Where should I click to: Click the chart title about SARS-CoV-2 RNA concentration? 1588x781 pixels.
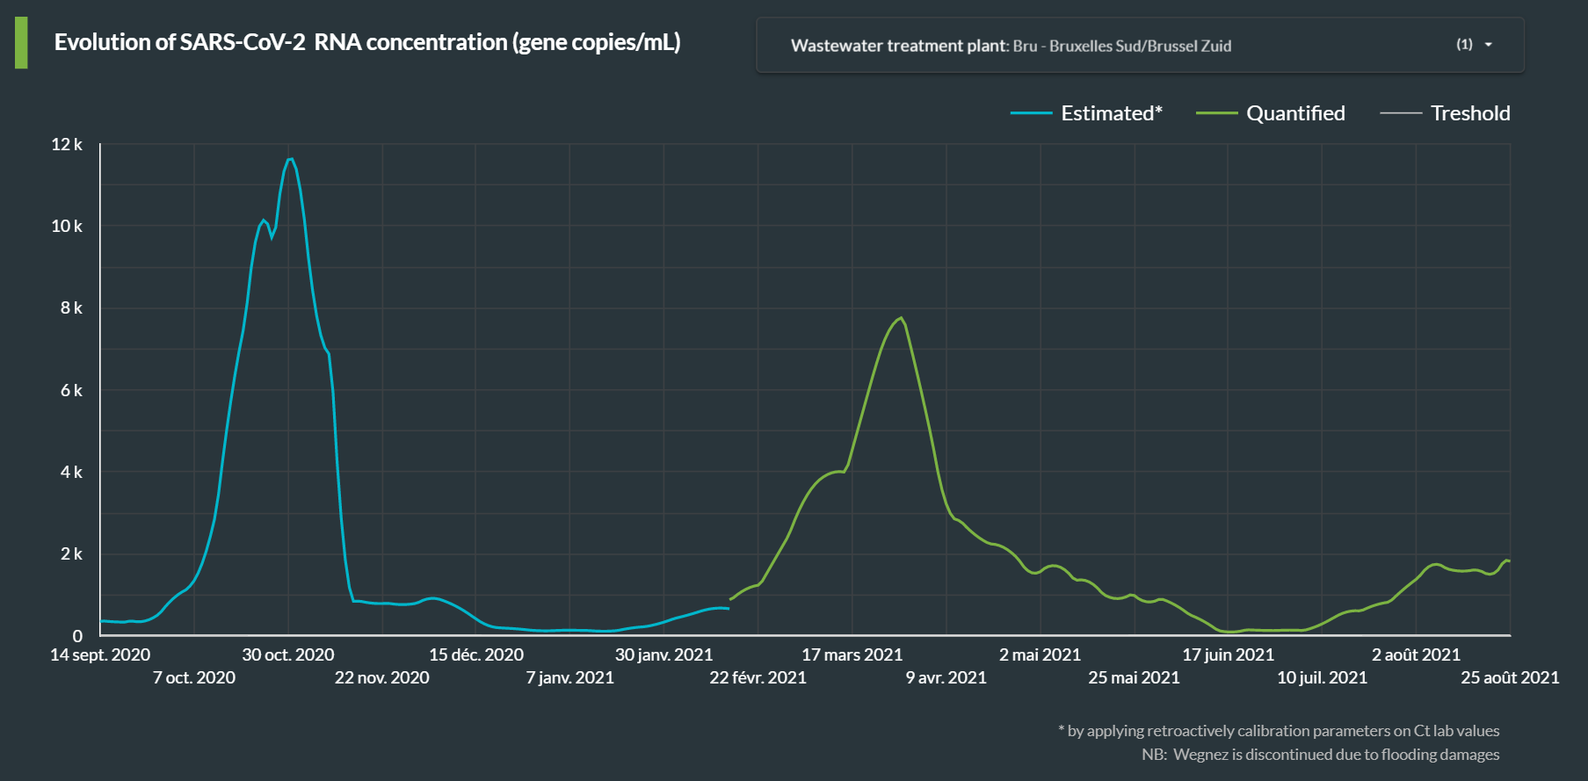pos(367,42)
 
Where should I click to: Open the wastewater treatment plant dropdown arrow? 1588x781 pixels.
pos(1488,45)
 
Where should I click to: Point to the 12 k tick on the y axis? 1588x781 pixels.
pos(67,144)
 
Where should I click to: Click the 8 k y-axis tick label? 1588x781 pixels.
pos(71,308)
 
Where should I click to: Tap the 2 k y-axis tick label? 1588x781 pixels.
pos(71,554)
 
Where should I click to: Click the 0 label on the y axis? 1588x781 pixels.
pos(77,636)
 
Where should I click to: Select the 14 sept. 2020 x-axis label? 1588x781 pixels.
pos(100,654)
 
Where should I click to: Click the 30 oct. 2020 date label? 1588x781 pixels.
pos(288,654)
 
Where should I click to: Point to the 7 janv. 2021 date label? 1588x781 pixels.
pos(569,677)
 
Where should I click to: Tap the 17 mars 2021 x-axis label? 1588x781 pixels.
pos(852,654)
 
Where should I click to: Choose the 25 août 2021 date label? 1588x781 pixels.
pos(1509,677)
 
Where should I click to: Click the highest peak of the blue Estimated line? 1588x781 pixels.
pos(291,158)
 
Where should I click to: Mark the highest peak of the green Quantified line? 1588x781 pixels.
pos(901,318)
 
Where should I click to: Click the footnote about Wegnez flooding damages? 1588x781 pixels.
pos(1320,755)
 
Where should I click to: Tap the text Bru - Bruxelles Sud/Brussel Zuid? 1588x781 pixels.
pos(1121,46)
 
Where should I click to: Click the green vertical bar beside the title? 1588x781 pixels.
pos(21,42)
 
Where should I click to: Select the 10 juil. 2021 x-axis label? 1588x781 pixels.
pos(1322,677)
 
